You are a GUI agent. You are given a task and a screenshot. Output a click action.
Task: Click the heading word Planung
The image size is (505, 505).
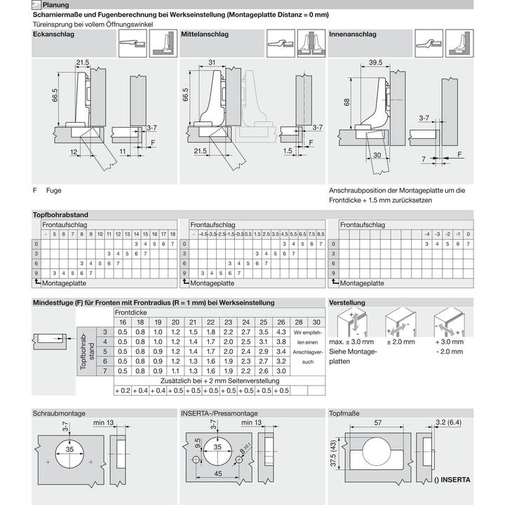55,5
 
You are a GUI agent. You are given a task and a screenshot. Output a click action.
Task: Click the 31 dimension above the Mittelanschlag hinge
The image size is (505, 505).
212,62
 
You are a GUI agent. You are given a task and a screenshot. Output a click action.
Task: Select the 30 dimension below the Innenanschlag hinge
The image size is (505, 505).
377,156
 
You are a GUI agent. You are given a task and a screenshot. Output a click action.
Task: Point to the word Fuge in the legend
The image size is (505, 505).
54,190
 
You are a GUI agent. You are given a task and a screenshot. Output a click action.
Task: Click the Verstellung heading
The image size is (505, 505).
347,302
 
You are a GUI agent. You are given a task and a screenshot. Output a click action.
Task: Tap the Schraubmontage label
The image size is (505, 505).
59,413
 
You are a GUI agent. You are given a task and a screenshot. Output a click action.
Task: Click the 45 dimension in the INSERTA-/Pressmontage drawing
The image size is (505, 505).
218,473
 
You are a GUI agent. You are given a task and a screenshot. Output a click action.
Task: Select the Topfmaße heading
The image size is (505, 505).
344,413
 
